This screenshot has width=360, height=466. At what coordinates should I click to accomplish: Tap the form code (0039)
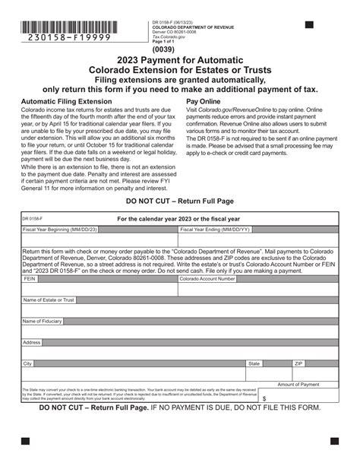point(179,52)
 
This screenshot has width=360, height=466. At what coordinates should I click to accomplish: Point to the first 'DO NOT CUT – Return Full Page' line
point(179,201)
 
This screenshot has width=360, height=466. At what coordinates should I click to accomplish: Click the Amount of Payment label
point(298,385)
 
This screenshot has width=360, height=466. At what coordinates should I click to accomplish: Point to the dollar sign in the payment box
point(264,398)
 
